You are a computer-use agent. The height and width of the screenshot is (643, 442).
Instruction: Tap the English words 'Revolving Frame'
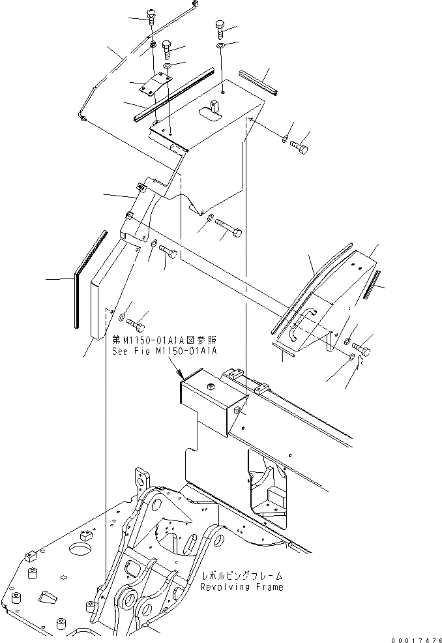[242, 587]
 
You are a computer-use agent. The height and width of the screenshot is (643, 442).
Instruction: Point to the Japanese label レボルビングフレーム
[242, 576]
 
